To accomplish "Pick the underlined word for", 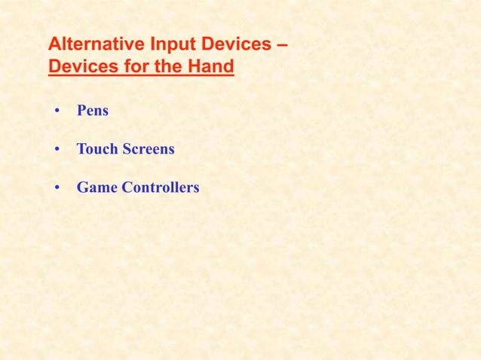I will click(x=136, y=68).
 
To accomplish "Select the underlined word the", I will click(x=170, y=68).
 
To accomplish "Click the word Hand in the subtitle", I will click(x=213, y=68).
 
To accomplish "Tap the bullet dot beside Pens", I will click(x=57, y=111).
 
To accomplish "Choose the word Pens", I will click(x=93, y=111).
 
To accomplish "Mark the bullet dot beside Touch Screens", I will click(x=57, y=150).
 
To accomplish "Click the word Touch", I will click(x=97, y=149).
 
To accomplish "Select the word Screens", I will click(x=149, y=149).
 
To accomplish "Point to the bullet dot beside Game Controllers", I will click(x=57, y=188).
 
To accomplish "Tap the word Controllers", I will click(x=158, y=188).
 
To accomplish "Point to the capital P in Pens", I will click(x=81, y=111).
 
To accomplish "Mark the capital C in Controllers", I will click(x=122, y=188).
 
